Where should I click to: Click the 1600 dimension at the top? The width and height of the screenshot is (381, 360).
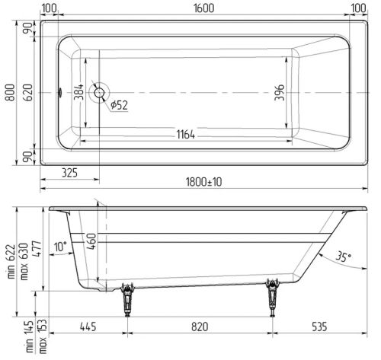click(203, 8)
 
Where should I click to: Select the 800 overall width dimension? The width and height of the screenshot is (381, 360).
click(8, 93)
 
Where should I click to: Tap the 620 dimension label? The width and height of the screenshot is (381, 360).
click(27, 93)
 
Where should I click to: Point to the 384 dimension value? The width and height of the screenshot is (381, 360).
click(78, 93)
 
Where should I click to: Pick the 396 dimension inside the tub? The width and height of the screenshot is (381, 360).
click(280, 93)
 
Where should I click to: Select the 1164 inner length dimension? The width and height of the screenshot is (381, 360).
click(183, 135)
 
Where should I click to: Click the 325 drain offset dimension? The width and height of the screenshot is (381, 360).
click(69, 173)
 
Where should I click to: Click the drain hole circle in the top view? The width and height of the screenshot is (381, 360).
click(98, 93)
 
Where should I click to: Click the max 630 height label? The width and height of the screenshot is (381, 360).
click(24, 261)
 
